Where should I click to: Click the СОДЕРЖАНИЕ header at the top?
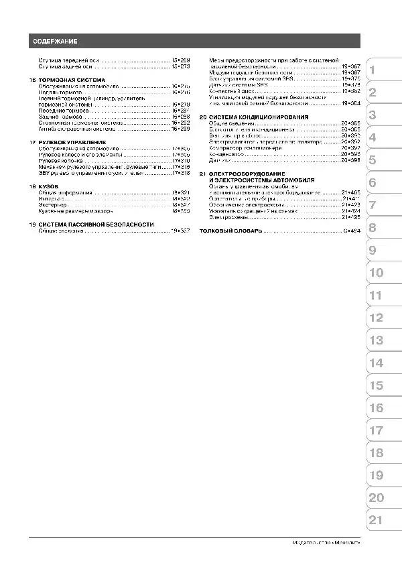pos(56,42)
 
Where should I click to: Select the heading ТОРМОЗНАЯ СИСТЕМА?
pos(72,80)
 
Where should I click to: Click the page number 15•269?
pos(181,60)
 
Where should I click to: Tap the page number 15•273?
pos(181,67)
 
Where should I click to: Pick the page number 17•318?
pos(181,173)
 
